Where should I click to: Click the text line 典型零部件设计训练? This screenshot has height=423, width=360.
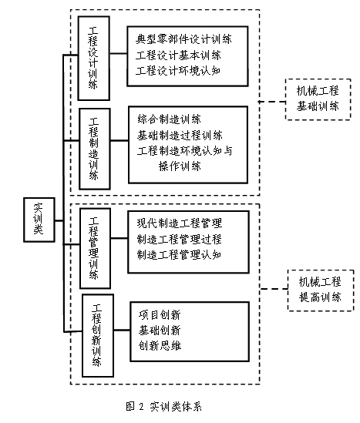(183, 39)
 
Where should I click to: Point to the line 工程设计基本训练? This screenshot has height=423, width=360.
(178, 55)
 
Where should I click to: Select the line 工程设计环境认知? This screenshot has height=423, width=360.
(178, 71)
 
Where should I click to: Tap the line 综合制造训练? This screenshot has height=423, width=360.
(169, 119)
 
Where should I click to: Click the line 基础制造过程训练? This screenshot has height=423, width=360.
(180, 135)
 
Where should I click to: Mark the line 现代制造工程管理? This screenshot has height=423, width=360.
(180, 223)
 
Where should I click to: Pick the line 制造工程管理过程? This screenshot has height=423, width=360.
(180, 239)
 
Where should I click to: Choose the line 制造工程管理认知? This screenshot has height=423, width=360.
(180, 255)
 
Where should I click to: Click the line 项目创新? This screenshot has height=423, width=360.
(160, 314)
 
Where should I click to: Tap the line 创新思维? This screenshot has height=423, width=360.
(160, 346)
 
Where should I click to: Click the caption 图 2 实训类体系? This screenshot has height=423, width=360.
(163, 406)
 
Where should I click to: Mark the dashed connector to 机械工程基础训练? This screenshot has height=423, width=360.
(272, 102)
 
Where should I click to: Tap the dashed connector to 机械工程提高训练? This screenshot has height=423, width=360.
(274, 289)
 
